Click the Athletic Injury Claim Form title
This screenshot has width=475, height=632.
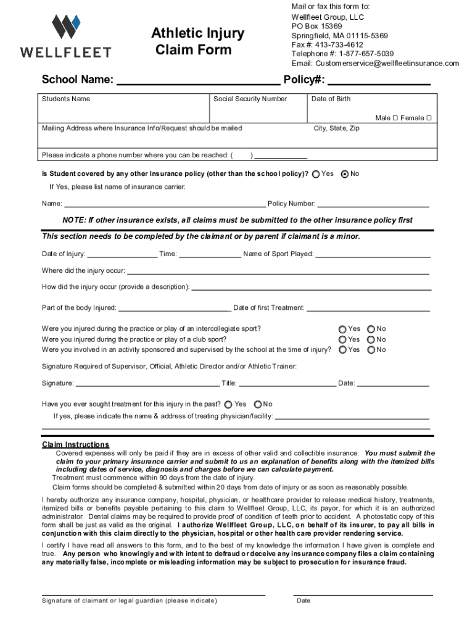coord(197,41)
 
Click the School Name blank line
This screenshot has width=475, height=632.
coord(197,80)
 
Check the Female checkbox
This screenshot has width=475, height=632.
coord(429,118)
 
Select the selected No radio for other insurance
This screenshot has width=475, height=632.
coord(345,174)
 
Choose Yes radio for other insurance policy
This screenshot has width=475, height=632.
coord(316,174)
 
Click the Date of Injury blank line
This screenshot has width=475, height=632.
coord(122,254)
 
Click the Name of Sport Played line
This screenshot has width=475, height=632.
coord(373,254)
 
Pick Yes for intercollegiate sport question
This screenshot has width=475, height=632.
coord(342,329)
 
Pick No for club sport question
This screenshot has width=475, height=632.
coord(371,339)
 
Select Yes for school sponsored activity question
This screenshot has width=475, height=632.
coord(342,350)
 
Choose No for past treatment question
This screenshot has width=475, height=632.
coord(257,405)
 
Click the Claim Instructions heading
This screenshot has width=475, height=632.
coord(75,444)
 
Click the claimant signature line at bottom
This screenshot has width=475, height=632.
coord(153,594)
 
